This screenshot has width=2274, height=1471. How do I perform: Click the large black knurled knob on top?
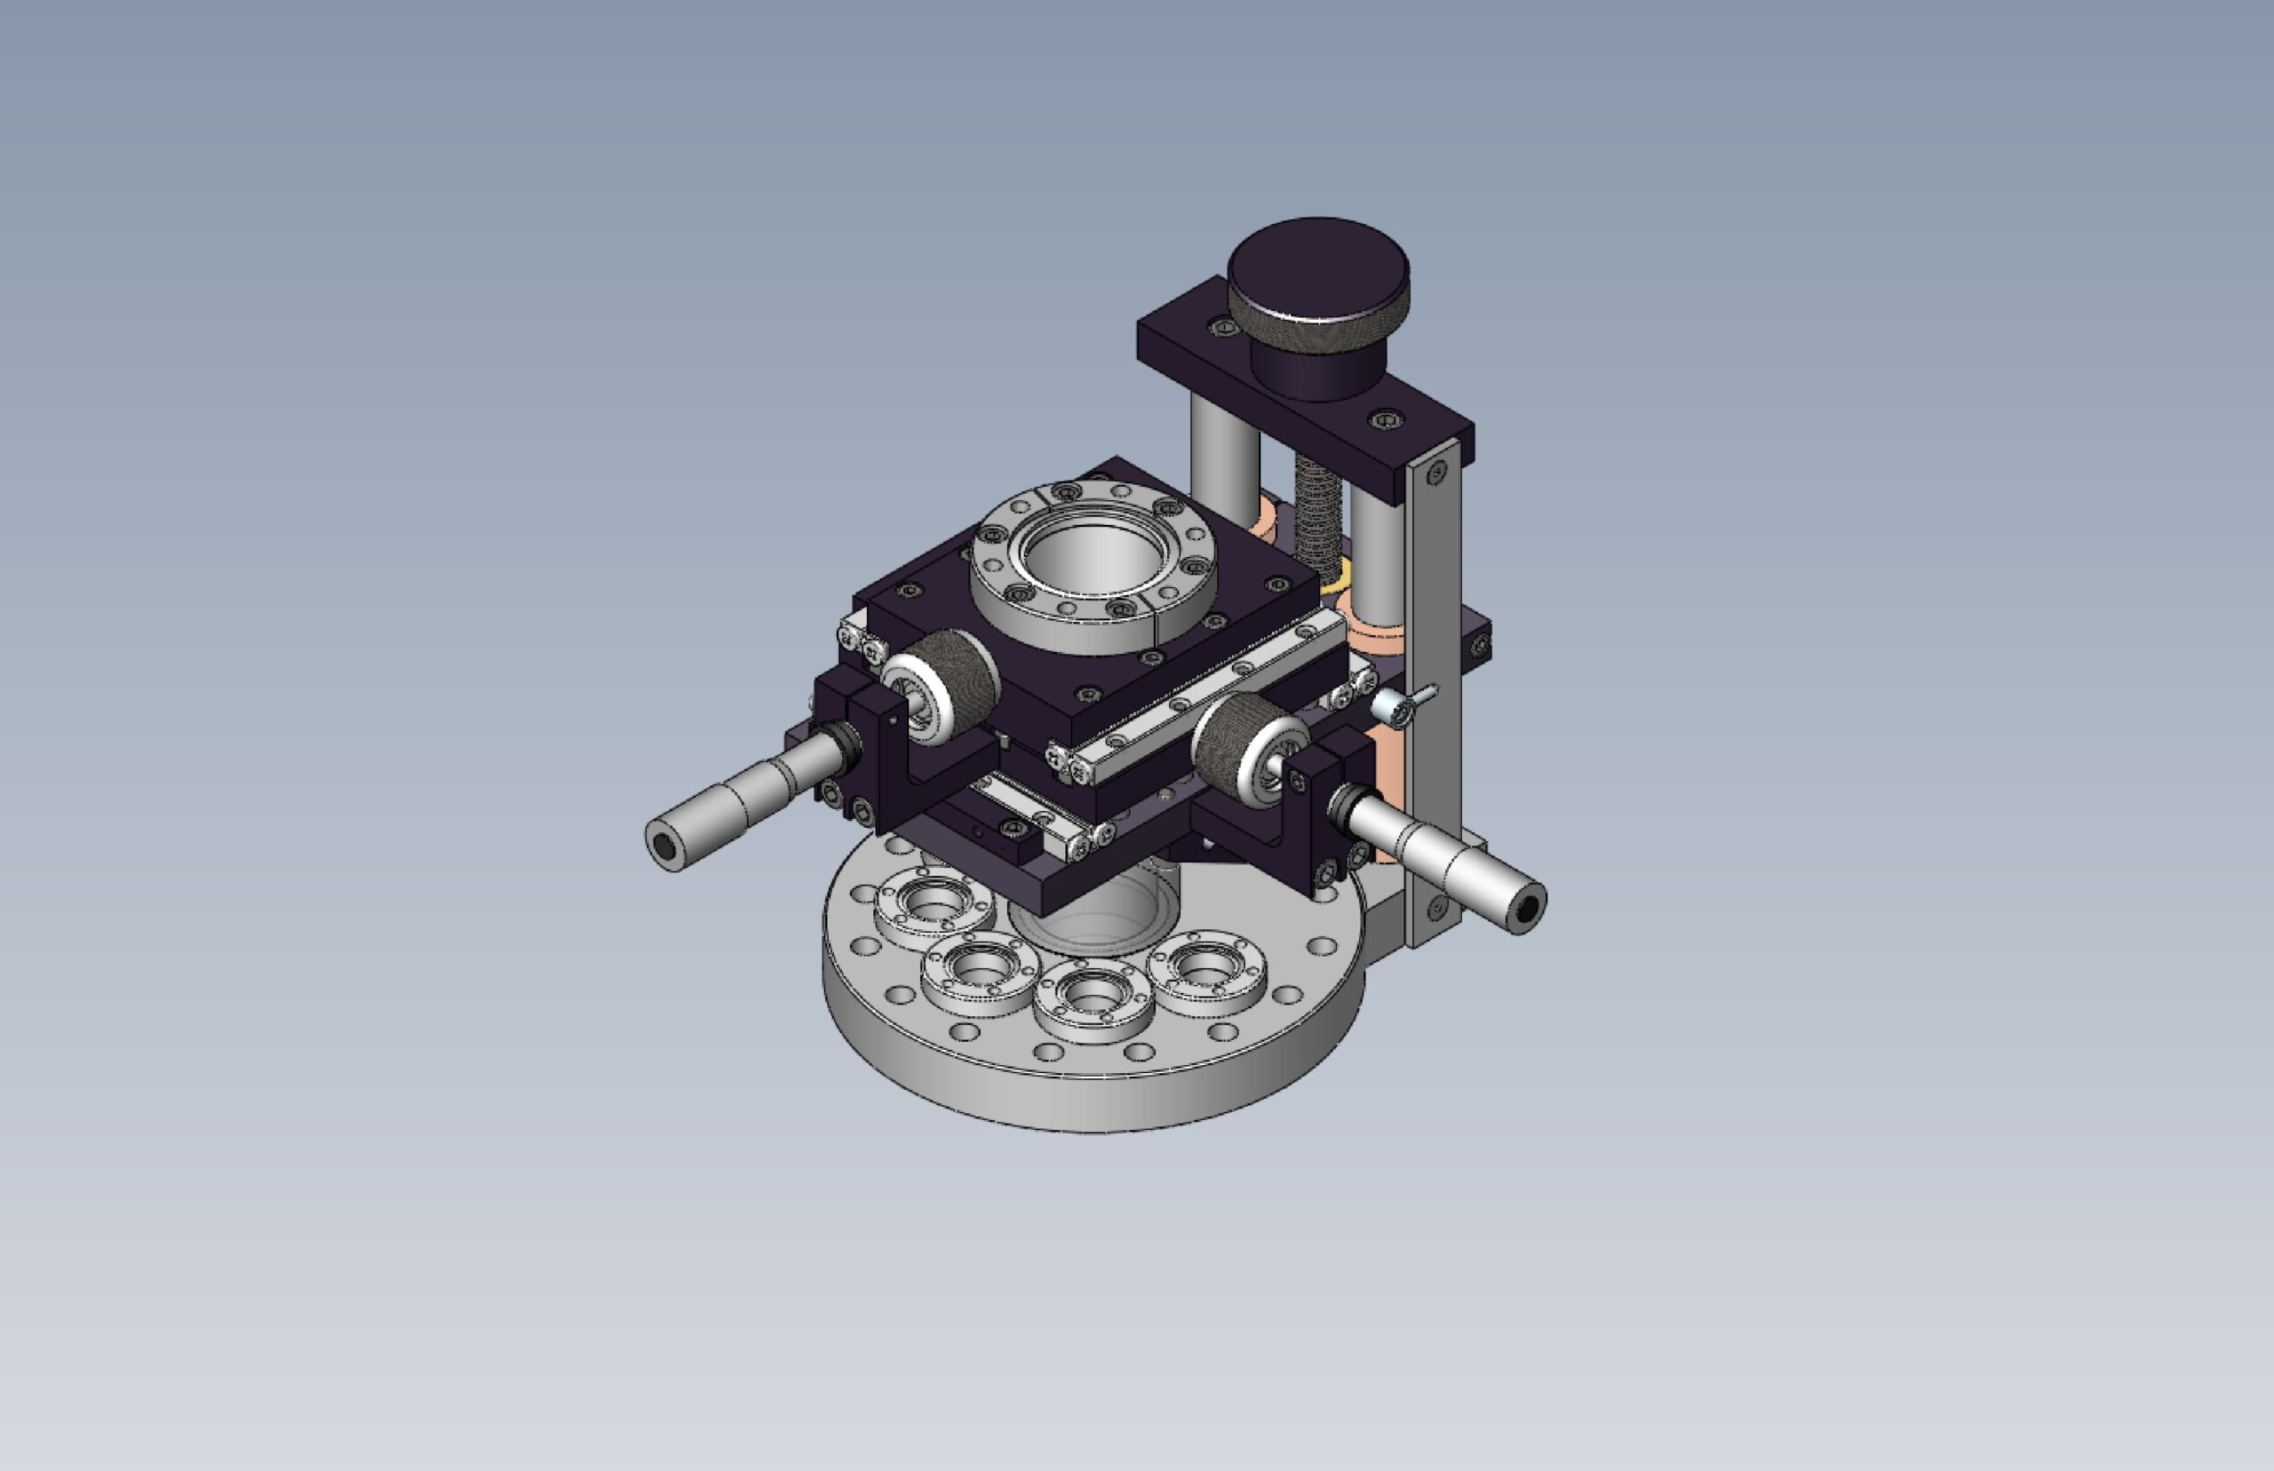click(x=1317, y=270)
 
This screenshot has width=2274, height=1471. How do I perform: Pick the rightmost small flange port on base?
click(x=1207, y=967)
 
